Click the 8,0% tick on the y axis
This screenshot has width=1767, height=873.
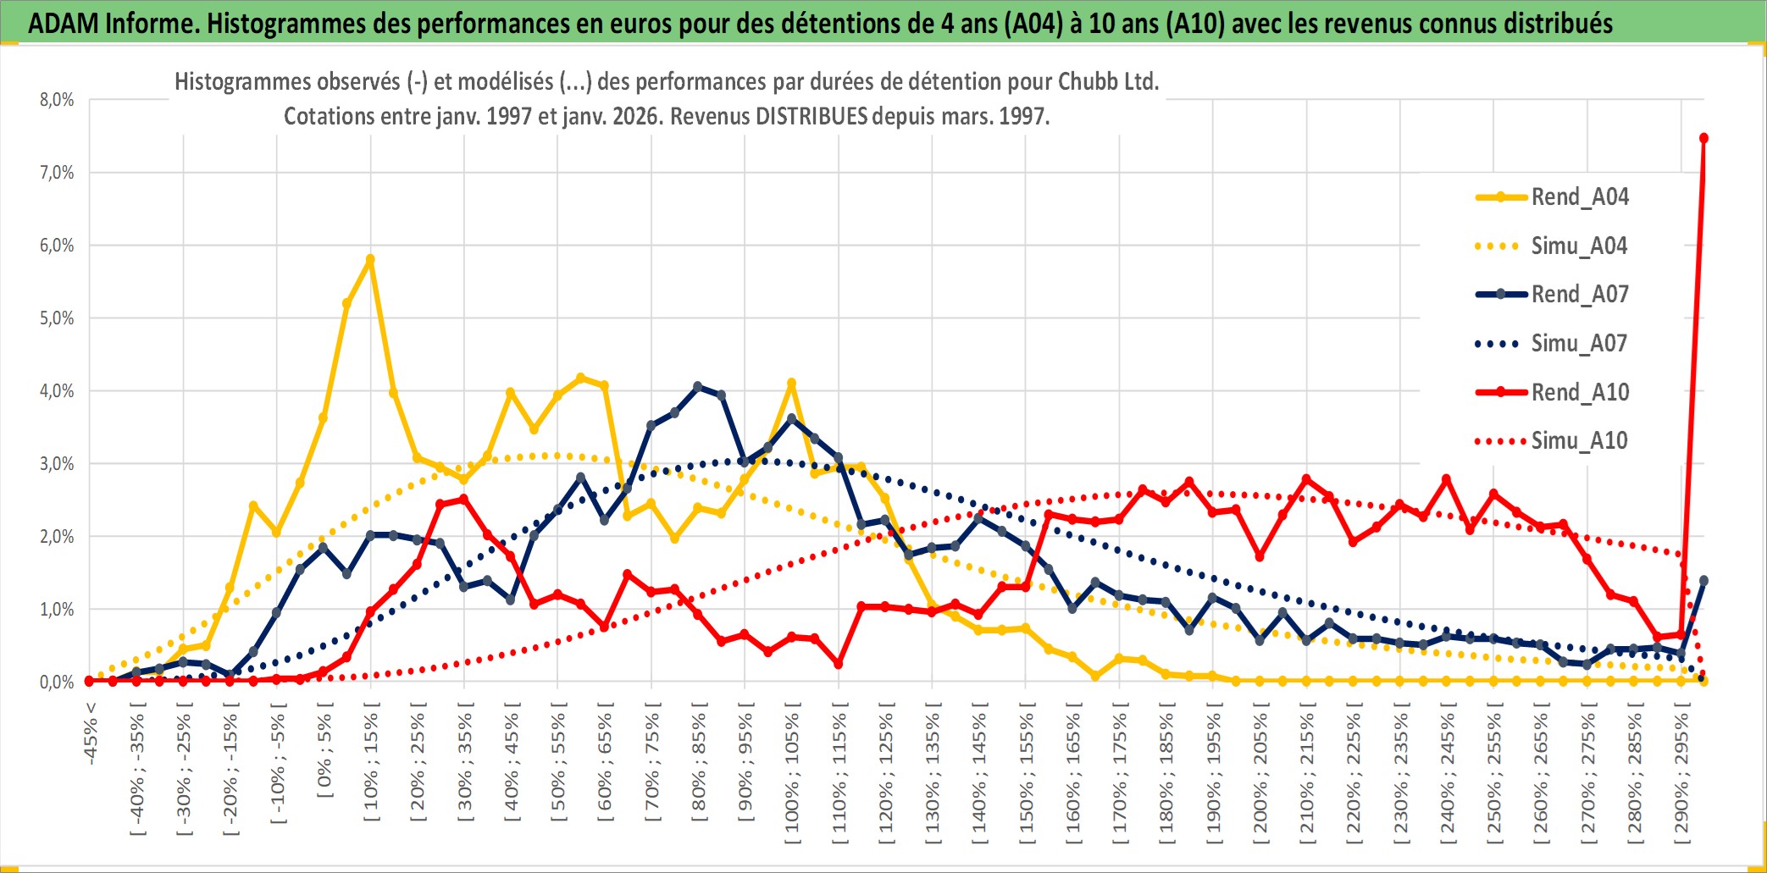[x=57, y=100]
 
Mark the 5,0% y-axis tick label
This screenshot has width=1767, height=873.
[x=57, y=318]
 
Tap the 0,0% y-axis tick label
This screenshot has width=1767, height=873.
[x=57, y=682]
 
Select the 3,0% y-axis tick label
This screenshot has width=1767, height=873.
[x=57, y=464]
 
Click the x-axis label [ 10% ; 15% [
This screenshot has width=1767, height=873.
[x=372, y=766]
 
